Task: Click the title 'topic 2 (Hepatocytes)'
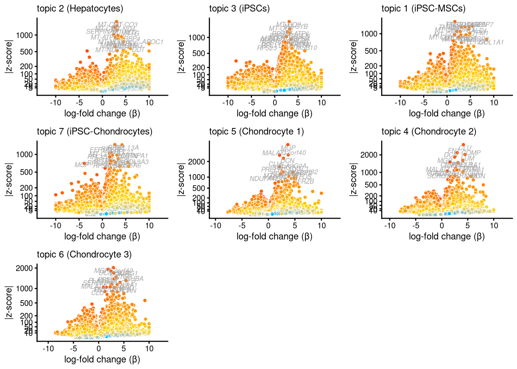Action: tap(80, 8)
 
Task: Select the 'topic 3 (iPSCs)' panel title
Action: tap(239, 8)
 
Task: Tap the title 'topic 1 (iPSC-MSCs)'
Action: tap(424, 8)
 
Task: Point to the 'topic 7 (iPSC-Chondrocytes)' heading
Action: tap(95, 131)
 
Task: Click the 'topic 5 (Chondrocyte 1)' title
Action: tap(257, 131)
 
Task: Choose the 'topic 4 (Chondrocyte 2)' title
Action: tap(429, 131)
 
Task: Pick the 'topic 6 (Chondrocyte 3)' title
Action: tap(84, 254)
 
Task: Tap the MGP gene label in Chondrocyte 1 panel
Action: tap(288, 148)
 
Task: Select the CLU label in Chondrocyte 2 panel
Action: tap(465, 148)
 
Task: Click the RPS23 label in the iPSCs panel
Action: tap(267, 48)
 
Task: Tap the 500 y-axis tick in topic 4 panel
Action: tap(372, 185)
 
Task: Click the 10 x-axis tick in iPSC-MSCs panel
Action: tap(494, 103)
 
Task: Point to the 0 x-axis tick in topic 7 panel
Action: tap(102, 226)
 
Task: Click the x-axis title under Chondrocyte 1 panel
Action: tap(274, 236)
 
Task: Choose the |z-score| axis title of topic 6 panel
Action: tap(8, 303)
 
